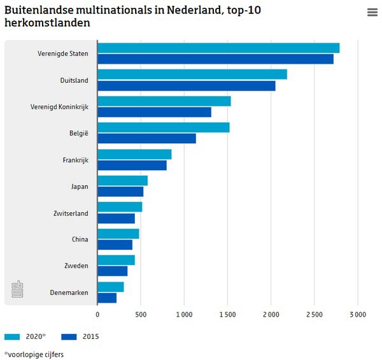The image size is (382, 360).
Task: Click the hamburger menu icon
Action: (372, 13)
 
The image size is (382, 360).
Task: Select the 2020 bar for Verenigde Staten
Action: (218, 48)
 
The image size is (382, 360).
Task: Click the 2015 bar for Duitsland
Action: (187, 85)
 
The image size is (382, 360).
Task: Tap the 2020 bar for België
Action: (164, 127)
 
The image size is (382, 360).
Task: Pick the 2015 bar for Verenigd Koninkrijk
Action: (155, 112)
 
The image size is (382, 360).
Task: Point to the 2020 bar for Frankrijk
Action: (134, 154)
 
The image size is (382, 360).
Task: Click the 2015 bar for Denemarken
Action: (107, 298)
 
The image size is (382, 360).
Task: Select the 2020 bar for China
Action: (118, 234)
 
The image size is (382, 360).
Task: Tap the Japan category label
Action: (80, 187)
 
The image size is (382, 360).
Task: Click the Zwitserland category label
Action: (71, 213)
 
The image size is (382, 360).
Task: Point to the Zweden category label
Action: (76, 266)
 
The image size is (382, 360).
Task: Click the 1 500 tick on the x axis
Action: (227, 314)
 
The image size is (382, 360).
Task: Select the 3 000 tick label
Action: (357, 314)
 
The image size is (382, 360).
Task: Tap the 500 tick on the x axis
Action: (141, 314)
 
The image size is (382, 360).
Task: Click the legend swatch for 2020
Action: (13, 336)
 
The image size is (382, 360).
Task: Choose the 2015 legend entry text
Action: (90, 336)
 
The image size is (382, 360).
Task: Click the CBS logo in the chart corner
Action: (17, 289)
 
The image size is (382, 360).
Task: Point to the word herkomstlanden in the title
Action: (47, 23)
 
